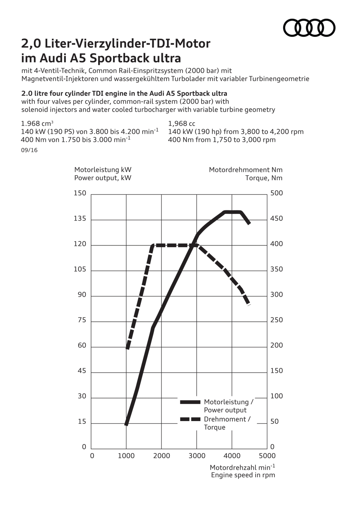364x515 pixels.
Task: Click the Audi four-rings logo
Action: [x=309, y=28]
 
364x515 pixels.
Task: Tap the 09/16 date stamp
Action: [x=29, y=150]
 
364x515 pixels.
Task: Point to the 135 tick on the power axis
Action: [x=80, y=219]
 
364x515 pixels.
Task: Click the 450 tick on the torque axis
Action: [x=276, y=219]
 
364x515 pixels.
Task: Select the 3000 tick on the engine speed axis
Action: [x=197, y=456]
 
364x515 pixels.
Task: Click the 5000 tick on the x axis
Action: [x=267, y=456]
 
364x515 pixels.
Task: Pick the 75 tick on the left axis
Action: [x=82, y=320]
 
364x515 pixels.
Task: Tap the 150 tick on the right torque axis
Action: [x=276, y=371]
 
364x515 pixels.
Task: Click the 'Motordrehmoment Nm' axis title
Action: [x=246, y=170]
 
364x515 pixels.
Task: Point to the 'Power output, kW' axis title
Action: [x=103, y=178]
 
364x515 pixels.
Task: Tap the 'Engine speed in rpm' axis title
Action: [x=243, y=475]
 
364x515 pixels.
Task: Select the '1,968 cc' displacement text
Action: [x=182, y=124]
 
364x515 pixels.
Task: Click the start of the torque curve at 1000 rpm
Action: [x=127, y=348]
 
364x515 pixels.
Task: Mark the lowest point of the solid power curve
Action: [x=126, y=425]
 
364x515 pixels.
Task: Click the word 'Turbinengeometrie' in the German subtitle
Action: [x=279, y=79]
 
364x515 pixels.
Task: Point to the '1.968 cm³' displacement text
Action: [x=37, y=124]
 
